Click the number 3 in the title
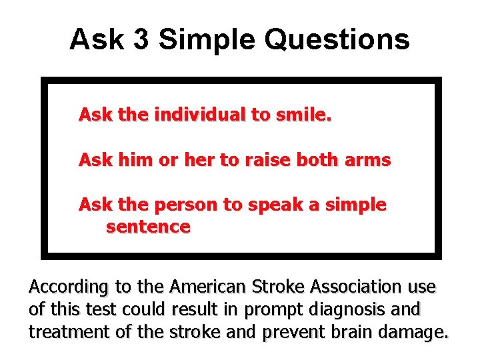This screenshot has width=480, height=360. tap(141, 39)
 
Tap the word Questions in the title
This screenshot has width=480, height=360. tap(337, 39)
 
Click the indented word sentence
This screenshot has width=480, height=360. tap(148, 227)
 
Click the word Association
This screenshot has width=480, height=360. tap(355, 287)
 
